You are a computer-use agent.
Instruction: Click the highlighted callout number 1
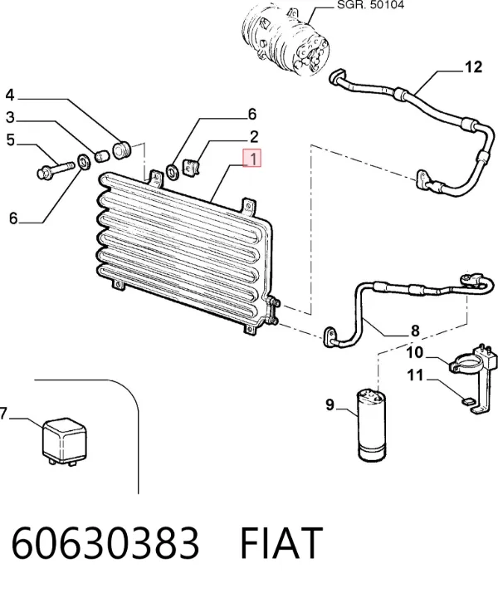point(251,159)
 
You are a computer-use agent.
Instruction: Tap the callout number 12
point(473,67)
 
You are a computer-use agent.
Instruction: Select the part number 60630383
point(105,542)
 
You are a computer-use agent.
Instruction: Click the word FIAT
point(281,542)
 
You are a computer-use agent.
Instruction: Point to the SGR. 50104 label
point(370,5)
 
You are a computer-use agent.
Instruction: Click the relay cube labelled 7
point(64,441)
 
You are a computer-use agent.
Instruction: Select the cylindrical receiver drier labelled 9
point(371,424)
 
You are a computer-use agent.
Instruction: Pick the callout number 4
point(10,95)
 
